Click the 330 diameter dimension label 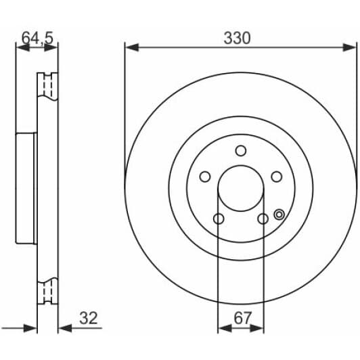(237, 38)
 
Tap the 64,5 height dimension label (37, 38)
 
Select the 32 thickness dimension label (89, 318)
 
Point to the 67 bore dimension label (243, 318)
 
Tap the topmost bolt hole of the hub (241, 151)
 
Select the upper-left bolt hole (205, 177)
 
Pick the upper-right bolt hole (276, 177)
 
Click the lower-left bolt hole (219, 219)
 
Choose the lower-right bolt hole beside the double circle (263, 219)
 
